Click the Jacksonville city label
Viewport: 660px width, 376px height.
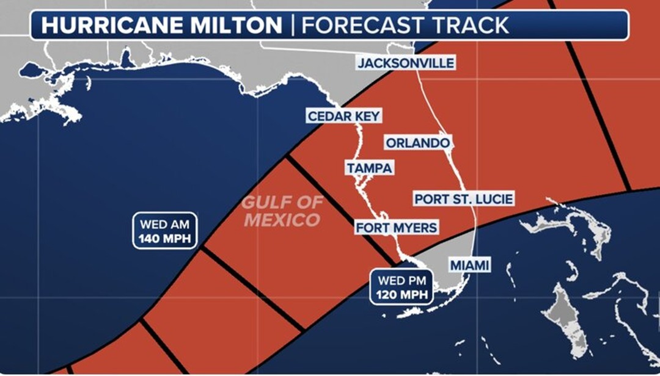point(406,63)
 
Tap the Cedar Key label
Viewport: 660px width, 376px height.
point(344,116)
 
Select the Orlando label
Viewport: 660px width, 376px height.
point(417,143)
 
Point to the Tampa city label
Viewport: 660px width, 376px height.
point(369,168)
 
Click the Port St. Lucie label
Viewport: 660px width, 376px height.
point(464,199)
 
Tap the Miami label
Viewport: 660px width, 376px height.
point(470,266)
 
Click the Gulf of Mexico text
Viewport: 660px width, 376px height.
point(282,211)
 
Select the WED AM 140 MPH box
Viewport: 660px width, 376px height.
point(165,231)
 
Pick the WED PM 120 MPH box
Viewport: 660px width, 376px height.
point(401,287)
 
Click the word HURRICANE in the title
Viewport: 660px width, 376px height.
point(101,26)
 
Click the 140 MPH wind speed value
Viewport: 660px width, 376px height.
point(165,238)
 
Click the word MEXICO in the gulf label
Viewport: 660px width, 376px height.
point(282,220)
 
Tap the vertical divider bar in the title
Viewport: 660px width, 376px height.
point(292,26)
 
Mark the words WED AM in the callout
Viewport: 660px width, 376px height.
point(165,223)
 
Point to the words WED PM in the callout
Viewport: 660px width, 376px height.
point(401,281)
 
